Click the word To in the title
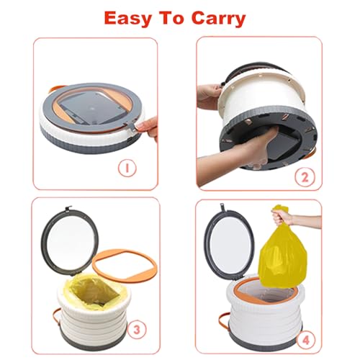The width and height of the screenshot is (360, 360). pos(171,17)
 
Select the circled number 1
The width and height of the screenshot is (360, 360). pos(127,170)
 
